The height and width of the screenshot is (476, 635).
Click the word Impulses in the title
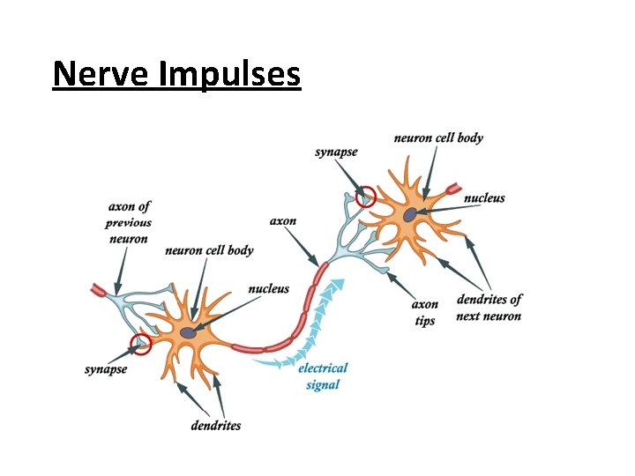[230, 75]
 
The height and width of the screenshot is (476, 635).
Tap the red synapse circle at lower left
[140, 344]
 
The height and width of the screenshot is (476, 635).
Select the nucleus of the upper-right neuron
[410, 214]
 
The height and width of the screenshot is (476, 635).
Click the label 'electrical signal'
[323, 376]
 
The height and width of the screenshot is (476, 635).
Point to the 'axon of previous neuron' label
[129, 223]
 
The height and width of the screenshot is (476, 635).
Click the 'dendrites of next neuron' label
[489, 308]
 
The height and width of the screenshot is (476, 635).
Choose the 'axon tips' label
[425, 313]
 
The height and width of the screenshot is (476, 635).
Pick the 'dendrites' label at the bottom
[216, 426]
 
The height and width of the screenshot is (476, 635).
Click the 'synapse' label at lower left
[106, 368]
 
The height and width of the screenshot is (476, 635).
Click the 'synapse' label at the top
[336, 152]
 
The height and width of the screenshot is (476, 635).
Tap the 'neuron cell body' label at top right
[438, 138]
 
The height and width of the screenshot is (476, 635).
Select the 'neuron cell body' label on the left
[209, 250]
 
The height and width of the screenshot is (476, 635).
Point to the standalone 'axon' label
[283, 220]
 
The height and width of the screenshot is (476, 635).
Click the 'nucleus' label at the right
[484, 198]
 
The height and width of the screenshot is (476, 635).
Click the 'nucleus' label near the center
[269, 288]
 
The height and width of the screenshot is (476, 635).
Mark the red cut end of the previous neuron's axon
[98, 289]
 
